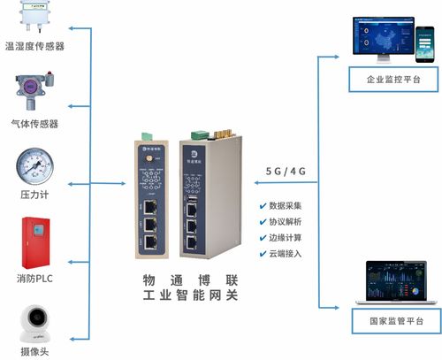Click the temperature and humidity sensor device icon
point(34,19)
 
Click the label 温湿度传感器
point(34,45)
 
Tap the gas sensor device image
point(34,91)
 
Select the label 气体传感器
point(34,124)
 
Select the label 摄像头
point(34,352)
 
